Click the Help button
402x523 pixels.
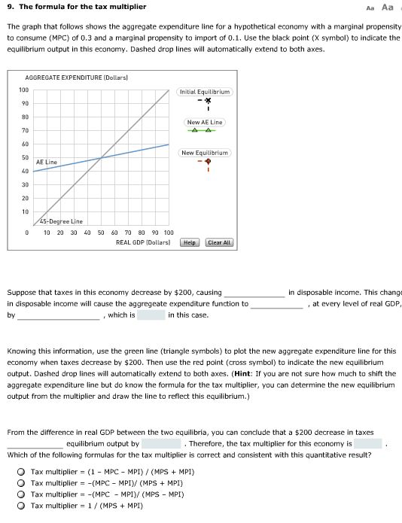(x=190, y=242)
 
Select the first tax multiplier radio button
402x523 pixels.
(x=23, y=472)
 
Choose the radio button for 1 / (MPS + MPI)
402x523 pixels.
(x=23, y=506)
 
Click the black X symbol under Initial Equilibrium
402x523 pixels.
(x=205, y=100)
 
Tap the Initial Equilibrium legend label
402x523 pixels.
(x=205, y=92)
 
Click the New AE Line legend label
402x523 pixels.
(x=205, y=122)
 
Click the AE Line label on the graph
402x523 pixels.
(x=47, y=162)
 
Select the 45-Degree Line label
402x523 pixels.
(x=61, y=221)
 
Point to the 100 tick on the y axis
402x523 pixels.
(x=24, y=90)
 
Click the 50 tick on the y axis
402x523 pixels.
(x=24, y=157)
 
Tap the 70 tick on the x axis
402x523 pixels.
(x=128, y=233)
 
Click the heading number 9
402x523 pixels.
(x=9, y=7)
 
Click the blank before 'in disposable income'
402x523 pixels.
(x=254, y=292)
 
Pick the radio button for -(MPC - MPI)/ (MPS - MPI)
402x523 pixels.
(x=23, y=494)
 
